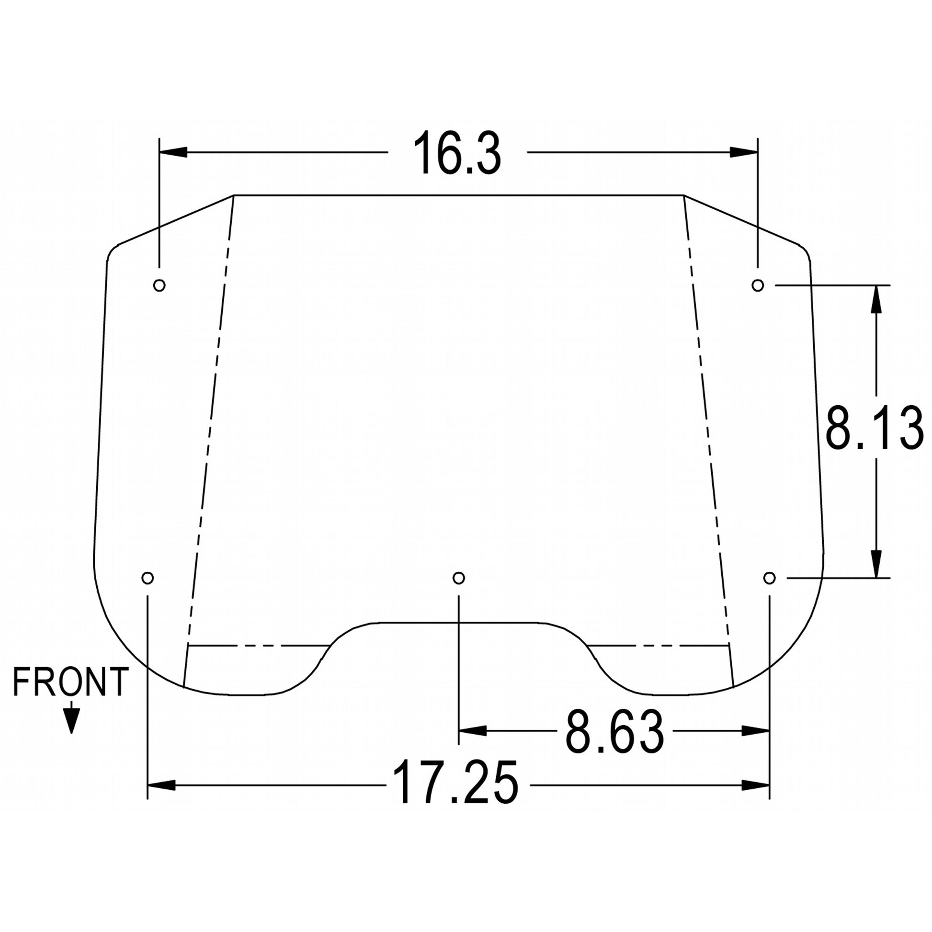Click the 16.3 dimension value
457,152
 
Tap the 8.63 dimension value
614,731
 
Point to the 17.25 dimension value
456,785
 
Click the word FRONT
70,682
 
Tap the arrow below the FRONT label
71,717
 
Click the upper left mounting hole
159,285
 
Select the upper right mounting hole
758,285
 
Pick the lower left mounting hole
148,578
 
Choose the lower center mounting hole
459,578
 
